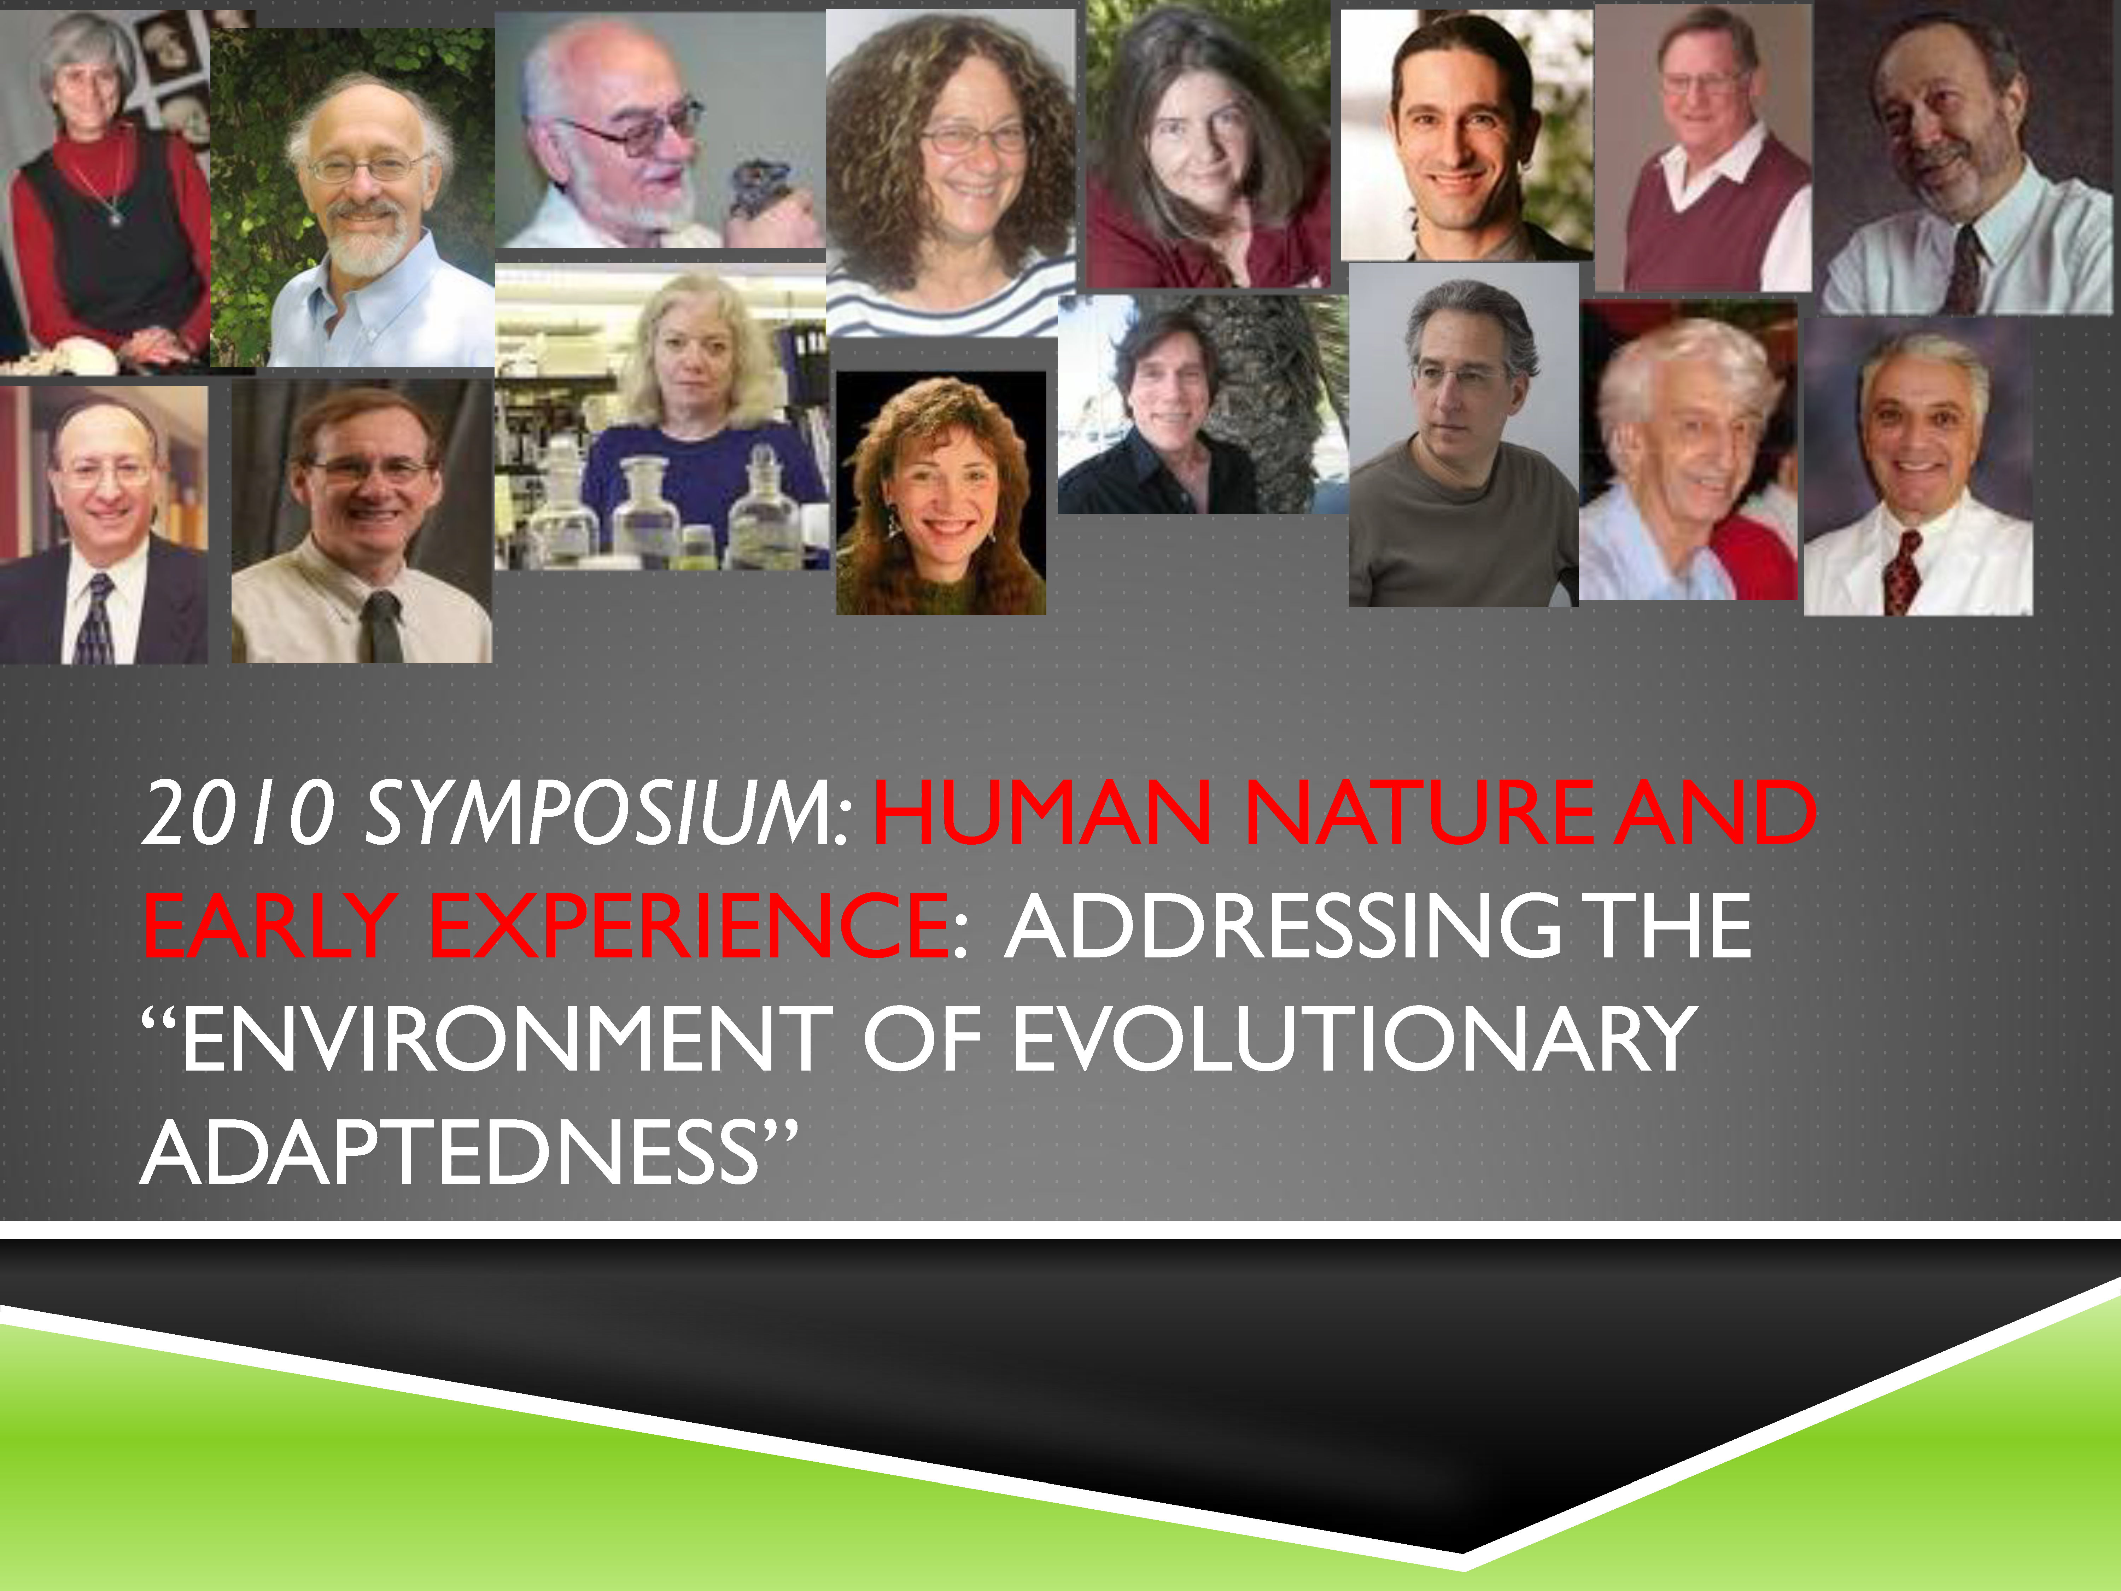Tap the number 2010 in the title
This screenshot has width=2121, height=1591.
coord(240,813)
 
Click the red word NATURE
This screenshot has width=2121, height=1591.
coord(1419,813)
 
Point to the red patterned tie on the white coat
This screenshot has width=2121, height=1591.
coord(1900,571)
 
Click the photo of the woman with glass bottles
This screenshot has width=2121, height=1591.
coord(662,417)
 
